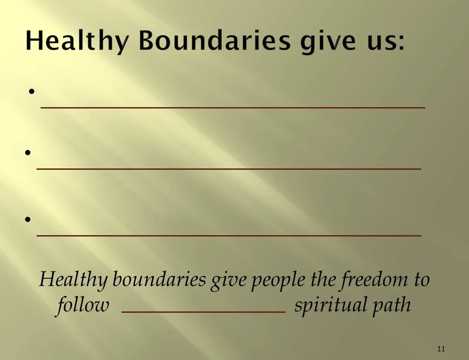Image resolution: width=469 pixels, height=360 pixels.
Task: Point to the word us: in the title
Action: tap(385, 41)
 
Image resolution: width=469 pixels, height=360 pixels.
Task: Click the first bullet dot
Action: tap(32, 92)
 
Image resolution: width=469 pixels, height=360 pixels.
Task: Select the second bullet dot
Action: tap(28, 153)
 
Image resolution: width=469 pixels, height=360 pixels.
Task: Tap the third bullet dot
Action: tap(28, 219)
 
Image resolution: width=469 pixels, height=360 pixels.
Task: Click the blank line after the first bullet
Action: tap(233, 107)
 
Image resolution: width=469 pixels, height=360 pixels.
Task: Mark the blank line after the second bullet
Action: tap(228, 169)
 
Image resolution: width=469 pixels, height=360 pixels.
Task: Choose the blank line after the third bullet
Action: tap(228, 236)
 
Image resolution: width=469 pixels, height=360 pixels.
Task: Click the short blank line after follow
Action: tap(204, 312)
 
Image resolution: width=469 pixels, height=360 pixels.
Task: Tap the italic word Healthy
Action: tap(73, 280)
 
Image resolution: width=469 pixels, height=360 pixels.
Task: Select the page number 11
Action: tap(441, 349)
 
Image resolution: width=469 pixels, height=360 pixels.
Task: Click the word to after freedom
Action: tap(421, 280)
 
